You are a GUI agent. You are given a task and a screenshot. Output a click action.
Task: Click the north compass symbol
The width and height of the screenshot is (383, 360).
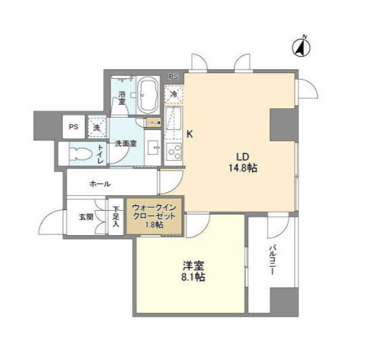click(x=301, y=47)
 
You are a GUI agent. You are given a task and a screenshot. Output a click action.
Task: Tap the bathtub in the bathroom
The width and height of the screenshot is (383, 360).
click(x=149, y=95)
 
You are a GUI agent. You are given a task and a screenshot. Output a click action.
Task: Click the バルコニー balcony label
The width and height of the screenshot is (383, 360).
click(x=273, y=259)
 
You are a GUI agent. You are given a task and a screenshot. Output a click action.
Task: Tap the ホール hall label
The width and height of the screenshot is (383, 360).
click(x=100, y=184)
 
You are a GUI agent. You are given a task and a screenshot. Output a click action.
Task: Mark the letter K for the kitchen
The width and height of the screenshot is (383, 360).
click(x=190, y=134)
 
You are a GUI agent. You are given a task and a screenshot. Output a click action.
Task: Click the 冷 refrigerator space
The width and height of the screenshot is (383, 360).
click(x=174, y=93)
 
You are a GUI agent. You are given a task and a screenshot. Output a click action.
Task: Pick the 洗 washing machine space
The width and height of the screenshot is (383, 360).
click(x=97, y=127)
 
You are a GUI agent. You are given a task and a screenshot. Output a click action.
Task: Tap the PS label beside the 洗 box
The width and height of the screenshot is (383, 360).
click(x=73, y=127)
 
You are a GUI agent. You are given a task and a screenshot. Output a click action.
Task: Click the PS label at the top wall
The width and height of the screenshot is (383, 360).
click(x=173, y=76)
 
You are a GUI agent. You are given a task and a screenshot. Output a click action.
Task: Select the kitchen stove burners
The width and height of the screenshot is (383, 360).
click(x=173, y=151)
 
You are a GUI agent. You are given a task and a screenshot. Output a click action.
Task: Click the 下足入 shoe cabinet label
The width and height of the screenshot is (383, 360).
click(x=115, y=217)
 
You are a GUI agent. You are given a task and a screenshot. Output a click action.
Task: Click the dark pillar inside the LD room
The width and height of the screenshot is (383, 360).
click(x=283, y=125)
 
